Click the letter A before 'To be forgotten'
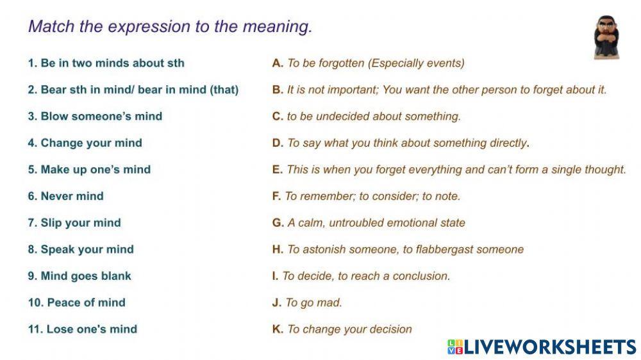click(x=277, y=63)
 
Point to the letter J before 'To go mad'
click(x=276, y=302)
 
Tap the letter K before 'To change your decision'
click(x=277, y=329)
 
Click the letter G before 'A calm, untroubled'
click(x=277, y=223)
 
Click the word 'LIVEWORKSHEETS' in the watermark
click(x=549, y=347)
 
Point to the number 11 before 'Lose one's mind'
click(x=34, y=329)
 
